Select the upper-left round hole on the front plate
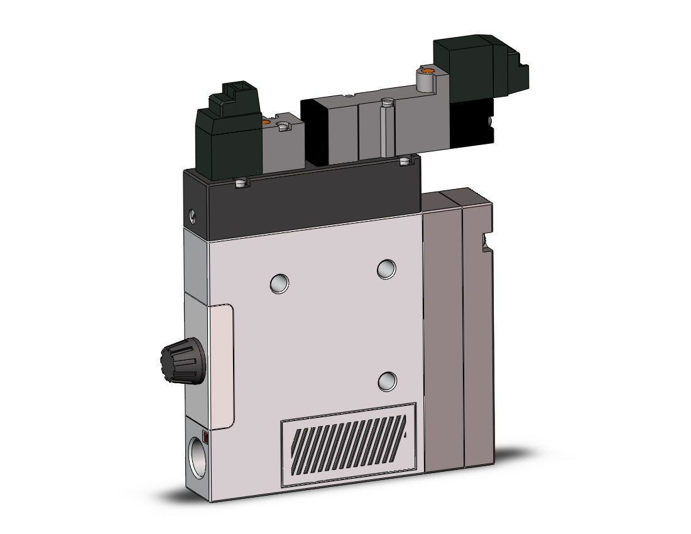279,283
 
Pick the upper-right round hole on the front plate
386,270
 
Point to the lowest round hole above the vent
388,380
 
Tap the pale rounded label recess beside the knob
224,364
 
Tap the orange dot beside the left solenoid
268,121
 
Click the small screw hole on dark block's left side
192,217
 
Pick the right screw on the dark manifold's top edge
405,162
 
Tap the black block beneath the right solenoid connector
472,122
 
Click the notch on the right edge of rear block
484,241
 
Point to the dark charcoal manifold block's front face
314,201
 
